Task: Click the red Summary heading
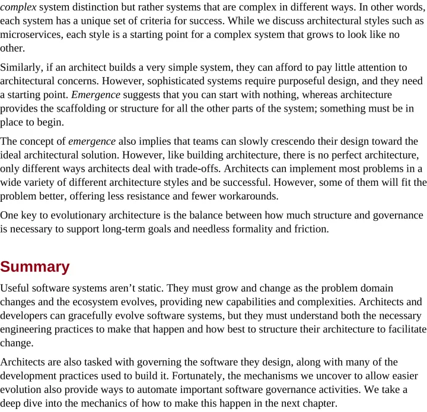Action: [35, 267]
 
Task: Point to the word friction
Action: [308, 229]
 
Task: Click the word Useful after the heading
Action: [16, 287]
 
